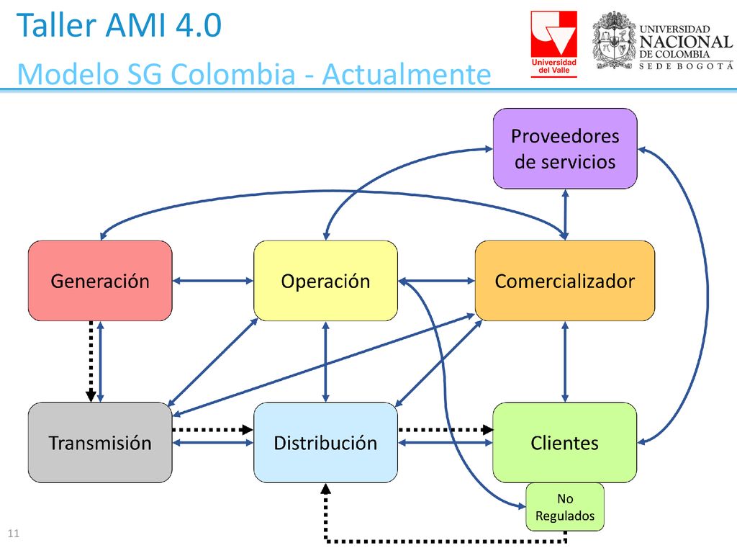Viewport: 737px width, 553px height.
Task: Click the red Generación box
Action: [x=100, y=281]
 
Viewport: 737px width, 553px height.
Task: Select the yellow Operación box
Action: [x=326, y=281]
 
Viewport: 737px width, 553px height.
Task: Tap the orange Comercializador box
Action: [x=565, y=281]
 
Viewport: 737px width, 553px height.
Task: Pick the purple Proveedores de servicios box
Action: [x=565, y=148]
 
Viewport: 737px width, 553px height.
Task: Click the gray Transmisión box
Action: [x=100, y=443]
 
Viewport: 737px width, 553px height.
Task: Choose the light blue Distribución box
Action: [x=326, y=443]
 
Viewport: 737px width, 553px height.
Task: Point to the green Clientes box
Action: [x=565, y=443]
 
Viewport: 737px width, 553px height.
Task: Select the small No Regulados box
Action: [x=565, y=507]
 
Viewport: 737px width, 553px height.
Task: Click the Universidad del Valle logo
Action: [x=553, y=44]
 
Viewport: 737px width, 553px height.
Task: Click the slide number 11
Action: [x=14, y=534]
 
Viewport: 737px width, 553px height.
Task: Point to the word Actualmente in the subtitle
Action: [x=407, y=74]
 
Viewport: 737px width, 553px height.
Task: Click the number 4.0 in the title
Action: [x=199, y=25]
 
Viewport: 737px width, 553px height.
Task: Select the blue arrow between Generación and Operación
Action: [x=213, y=281]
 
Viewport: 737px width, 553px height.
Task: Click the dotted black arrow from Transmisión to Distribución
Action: [x=213, y=429]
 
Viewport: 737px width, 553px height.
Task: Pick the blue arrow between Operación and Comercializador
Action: [x=437, y=281]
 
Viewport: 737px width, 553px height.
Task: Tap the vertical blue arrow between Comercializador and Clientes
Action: [x=565, y=361]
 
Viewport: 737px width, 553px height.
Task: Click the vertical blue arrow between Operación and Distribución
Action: [x=326, y=361]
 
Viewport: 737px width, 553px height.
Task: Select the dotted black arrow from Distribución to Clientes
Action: [x=446, y=429]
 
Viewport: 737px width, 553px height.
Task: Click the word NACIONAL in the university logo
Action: [x=686, y=42]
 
